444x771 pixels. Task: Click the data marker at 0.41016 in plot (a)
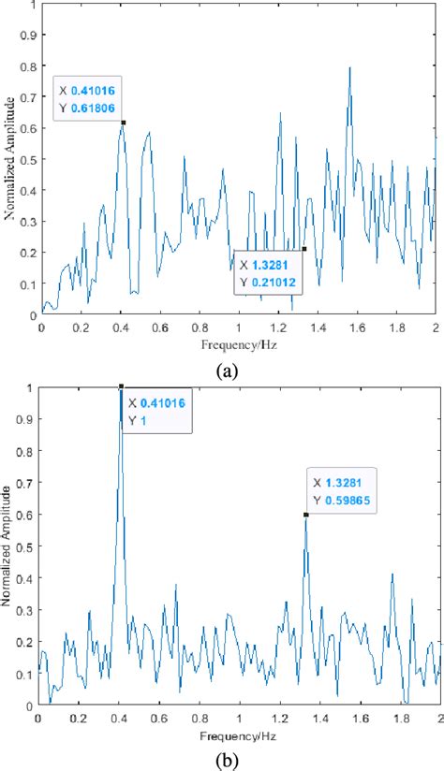click(x=123, y=123)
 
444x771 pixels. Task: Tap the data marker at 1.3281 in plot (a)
click(x=304, y=248)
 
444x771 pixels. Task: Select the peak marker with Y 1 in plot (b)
click(x=121, y=385)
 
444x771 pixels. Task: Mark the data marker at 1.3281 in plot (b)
click(x=305, y=514)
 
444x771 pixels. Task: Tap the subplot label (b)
click(x=227, y=758)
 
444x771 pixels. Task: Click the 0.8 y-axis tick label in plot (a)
click(x=26, y=65)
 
